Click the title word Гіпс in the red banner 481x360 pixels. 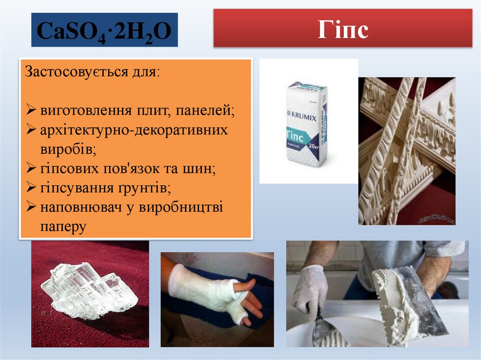(x=342, y=29)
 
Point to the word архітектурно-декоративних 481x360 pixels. (x=134, y=130)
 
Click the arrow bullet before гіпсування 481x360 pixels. (x=31, y=188)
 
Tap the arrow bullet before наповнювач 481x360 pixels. (x=31, y=207)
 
